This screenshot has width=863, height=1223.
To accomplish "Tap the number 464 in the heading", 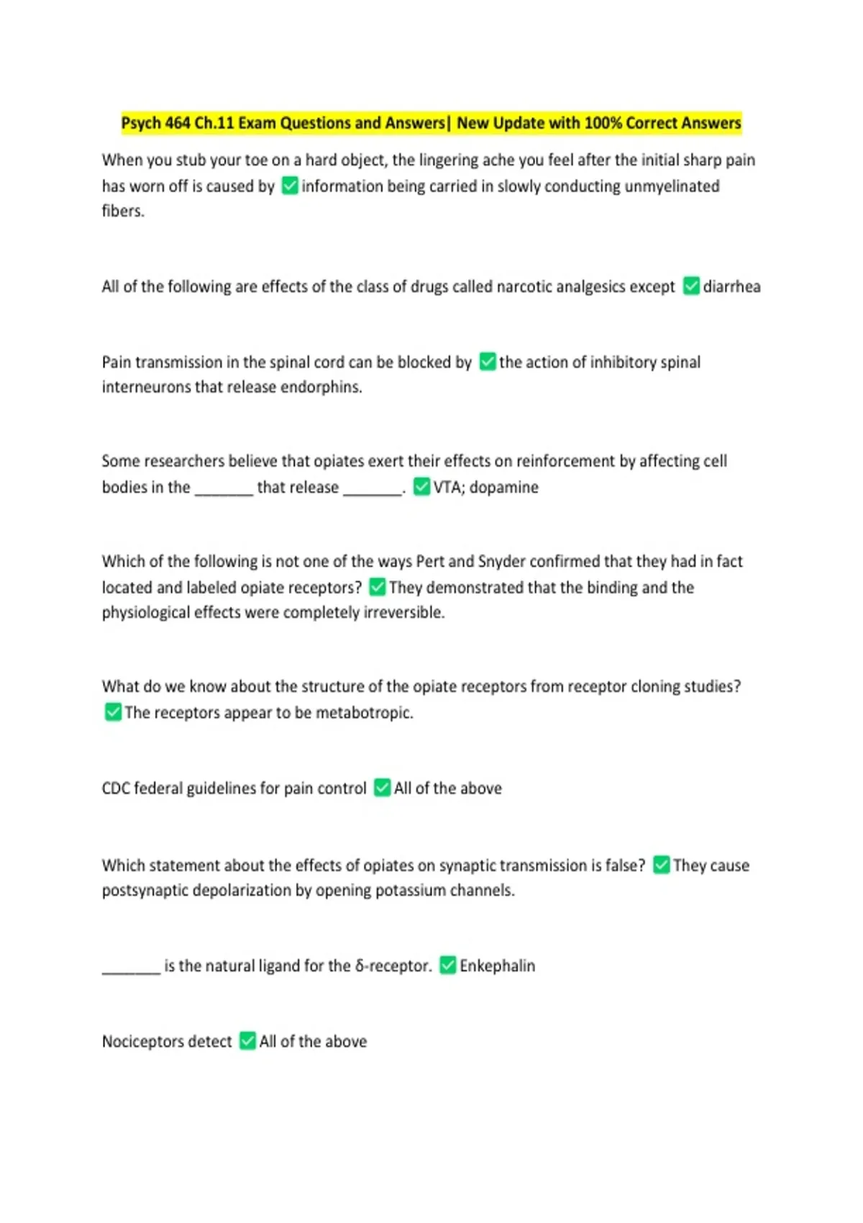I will coord(178,123).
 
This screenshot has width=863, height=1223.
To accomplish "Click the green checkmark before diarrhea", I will coord(691,286).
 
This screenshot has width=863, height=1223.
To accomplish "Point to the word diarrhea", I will coord(731,286).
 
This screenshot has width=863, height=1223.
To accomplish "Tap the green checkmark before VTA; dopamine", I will coord(422,487).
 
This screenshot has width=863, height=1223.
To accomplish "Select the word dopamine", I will coord(503,487).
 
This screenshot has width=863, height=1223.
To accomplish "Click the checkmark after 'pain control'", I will coord(383,788).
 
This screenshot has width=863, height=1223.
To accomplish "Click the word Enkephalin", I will coord(497,965).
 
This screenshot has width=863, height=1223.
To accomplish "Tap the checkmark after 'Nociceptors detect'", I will coord(247,1041).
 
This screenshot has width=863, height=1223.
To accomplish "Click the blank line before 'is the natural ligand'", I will coord(131,971).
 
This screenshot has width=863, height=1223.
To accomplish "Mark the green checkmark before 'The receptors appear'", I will coord(113,712).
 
